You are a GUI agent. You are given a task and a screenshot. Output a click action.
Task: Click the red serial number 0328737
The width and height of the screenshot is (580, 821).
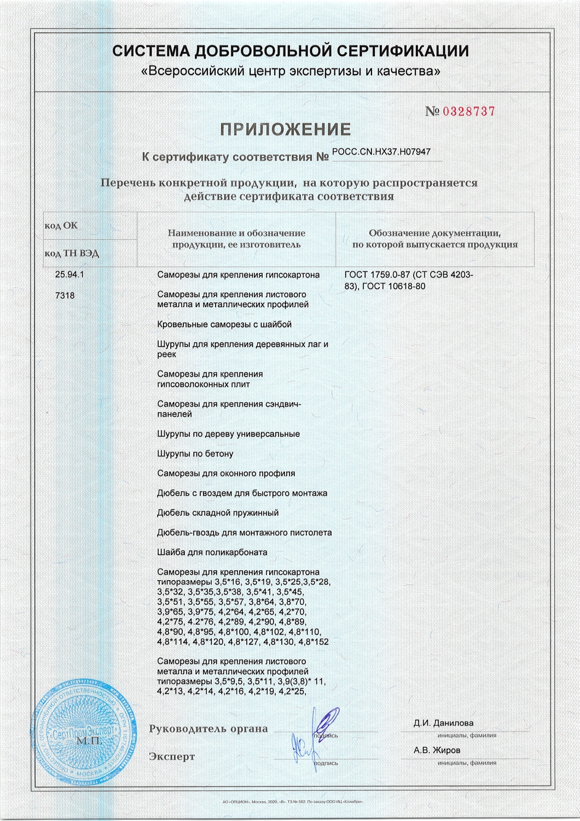coord(468,112)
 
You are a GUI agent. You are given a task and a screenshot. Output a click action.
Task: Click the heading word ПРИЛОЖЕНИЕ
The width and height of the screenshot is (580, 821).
coord(285,130)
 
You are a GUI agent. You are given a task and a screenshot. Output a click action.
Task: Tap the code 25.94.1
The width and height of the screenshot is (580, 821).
coord(69,275)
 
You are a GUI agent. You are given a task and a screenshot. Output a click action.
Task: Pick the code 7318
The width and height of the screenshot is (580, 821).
coord(65,296)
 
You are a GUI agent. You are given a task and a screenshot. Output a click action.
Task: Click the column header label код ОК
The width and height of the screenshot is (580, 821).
coord(61,226)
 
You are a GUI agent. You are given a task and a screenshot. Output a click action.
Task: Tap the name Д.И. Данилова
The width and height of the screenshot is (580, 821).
coord(444,723)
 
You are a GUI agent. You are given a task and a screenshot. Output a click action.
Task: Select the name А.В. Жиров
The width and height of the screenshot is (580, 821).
coord(437,750)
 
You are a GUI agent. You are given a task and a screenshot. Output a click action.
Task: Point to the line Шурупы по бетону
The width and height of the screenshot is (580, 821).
coord(195,454)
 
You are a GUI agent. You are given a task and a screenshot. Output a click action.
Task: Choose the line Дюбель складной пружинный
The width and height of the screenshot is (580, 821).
coord(218,513)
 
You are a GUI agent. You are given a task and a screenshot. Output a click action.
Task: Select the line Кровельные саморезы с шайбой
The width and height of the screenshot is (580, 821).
coord(224,325)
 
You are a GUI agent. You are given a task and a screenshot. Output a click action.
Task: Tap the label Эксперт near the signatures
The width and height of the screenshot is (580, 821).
coord(172,757)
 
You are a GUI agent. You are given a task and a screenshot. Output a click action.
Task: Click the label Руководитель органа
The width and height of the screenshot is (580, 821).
coord(208,729)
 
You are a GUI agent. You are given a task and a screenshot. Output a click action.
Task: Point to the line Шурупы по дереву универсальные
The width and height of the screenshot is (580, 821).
coord(228,434)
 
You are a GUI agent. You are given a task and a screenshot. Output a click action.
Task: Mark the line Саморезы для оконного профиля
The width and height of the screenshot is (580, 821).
coord(226,473)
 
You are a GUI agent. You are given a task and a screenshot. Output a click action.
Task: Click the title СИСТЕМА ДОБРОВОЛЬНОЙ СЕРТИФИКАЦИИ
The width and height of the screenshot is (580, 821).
coord(291,51)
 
